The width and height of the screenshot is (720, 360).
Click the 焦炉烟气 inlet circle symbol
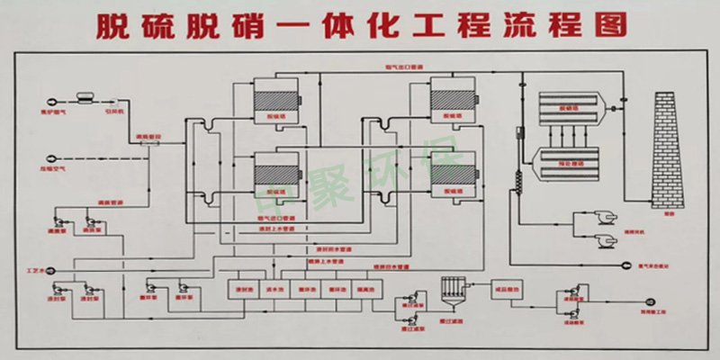(x=47, y=102)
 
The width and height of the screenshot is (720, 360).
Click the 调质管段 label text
(x=148, y=137)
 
